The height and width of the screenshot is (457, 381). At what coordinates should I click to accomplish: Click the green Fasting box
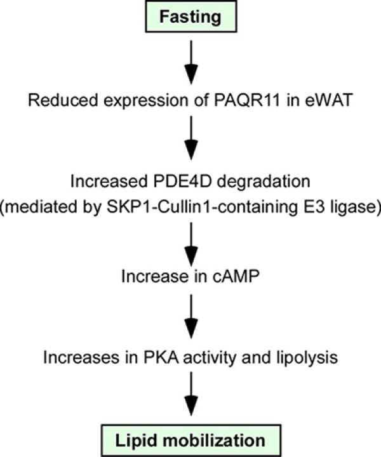[191, 17]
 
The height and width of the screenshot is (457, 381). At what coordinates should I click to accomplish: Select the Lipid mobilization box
[191, 440]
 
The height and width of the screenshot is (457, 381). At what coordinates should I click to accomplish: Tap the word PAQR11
[248, 100]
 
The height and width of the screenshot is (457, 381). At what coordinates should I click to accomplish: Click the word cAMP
[236, 276]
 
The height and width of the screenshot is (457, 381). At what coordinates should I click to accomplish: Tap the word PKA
[161, 357]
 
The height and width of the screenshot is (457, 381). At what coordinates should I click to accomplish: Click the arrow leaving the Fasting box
[191, 62]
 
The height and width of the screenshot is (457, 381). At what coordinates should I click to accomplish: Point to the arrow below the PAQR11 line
[191, 138]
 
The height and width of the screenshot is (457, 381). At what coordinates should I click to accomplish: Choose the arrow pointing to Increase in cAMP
[191, 244]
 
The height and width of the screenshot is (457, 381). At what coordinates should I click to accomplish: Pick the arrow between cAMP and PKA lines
[191, 317]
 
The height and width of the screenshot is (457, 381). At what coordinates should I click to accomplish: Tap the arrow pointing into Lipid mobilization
[191, 394]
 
